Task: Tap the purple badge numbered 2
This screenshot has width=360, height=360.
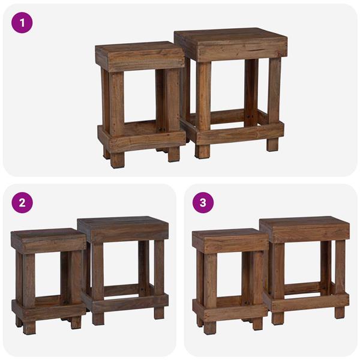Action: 22,202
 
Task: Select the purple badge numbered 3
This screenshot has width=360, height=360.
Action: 203,202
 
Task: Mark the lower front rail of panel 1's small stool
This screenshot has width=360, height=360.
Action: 143,140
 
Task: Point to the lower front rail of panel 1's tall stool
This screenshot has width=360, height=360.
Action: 240,133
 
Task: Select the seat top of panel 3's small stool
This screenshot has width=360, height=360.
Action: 229,235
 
